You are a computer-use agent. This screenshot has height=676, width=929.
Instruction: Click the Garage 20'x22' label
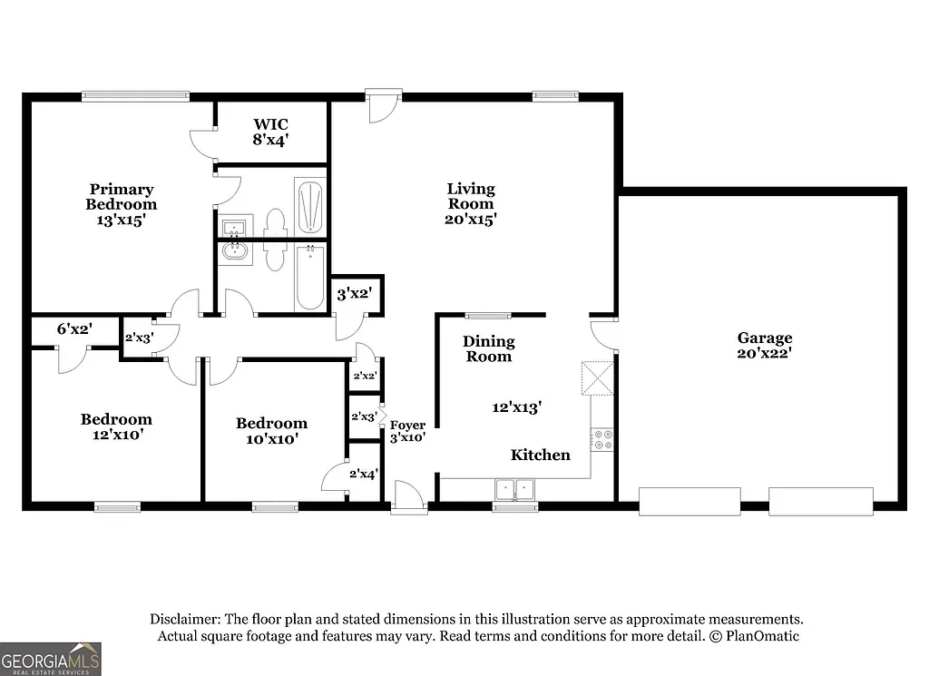coord(764,346)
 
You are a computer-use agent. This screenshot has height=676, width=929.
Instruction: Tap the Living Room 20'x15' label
coord(471,203)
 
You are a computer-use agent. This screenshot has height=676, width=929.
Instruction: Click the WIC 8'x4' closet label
coord(271,132)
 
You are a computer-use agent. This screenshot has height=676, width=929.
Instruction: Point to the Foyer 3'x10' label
coord(407,430)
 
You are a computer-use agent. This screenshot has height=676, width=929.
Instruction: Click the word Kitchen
coord(540,455)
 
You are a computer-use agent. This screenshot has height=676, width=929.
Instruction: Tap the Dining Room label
coord(489,348)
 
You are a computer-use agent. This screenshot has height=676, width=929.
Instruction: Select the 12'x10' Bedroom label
coord(116,426)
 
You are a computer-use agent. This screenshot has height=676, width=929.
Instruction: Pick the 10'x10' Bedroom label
coord(271,430)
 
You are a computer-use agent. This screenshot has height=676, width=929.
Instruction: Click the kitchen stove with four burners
coord(601,440)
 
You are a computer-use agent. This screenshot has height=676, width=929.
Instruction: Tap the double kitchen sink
coord(515,490)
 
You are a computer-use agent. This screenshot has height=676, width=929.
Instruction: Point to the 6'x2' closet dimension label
coord(74,328)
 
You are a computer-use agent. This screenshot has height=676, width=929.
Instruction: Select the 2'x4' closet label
coord(363,472)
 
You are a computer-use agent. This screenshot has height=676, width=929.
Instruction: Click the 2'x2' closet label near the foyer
coord(364,375)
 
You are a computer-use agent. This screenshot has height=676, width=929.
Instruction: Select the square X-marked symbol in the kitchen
coord(597,378)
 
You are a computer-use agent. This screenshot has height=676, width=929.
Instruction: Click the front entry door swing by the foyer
coord(406,497)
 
